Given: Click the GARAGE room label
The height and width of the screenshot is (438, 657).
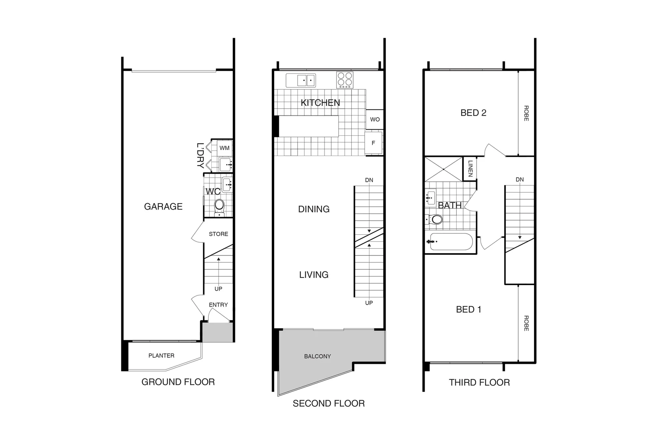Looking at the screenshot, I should [x=163, y=206].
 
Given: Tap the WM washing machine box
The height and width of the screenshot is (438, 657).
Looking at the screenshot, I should [x=224, y=148].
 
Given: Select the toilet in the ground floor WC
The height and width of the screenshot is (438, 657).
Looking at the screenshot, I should [x=219, y=206].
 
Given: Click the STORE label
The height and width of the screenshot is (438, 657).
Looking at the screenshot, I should [x=218, y=234].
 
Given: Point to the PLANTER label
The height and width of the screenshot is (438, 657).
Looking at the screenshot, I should [x=161, y=356].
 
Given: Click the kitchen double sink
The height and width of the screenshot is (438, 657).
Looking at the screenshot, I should [x=301, y=80].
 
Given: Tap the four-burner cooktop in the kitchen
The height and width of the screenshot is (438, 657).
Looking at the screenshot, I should [x=345, y=80].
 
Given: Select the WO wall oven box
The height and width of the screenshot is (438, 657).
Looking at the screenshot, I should [x=375, y=119].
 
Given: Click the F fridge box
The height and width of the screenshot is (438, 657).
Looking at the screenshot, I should [x=374, y=143].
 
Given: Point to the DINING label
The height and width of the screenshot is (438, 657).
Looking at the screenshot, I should [x=313, y=209].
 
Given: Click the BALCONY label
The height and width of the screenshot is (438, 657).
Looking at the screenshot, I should [x=317, y=356].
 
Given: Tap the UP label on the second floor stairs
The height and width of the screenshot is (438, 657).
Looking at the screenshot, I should [x=369, y=303].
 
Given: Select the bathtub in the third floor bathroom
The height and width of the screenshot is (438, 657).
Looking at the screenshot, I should [x=451, y=242].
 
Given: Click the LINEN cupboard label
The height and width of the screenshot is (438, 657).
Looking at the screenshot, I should [x=470, y=169].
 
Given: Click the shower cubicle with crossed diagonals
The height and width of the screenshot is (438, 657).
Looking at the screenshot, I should [x=443, y=169].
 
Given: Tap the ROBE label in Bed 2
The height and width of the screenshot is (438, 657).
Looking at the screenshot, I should [x=526, y=113].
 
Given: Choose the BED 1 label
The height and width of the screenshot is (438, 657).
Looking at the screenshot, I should [x=468, y=309].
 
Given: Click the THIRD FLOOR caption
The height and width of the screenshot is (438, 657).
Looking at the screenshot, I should [x=479, y=382].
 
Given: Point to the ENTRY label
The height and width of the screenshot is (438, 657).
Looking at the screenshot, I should [x=218, y=305].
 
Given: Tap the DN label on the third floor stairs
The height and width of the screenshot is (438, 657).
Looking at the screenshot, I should [x=520, y=180].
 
